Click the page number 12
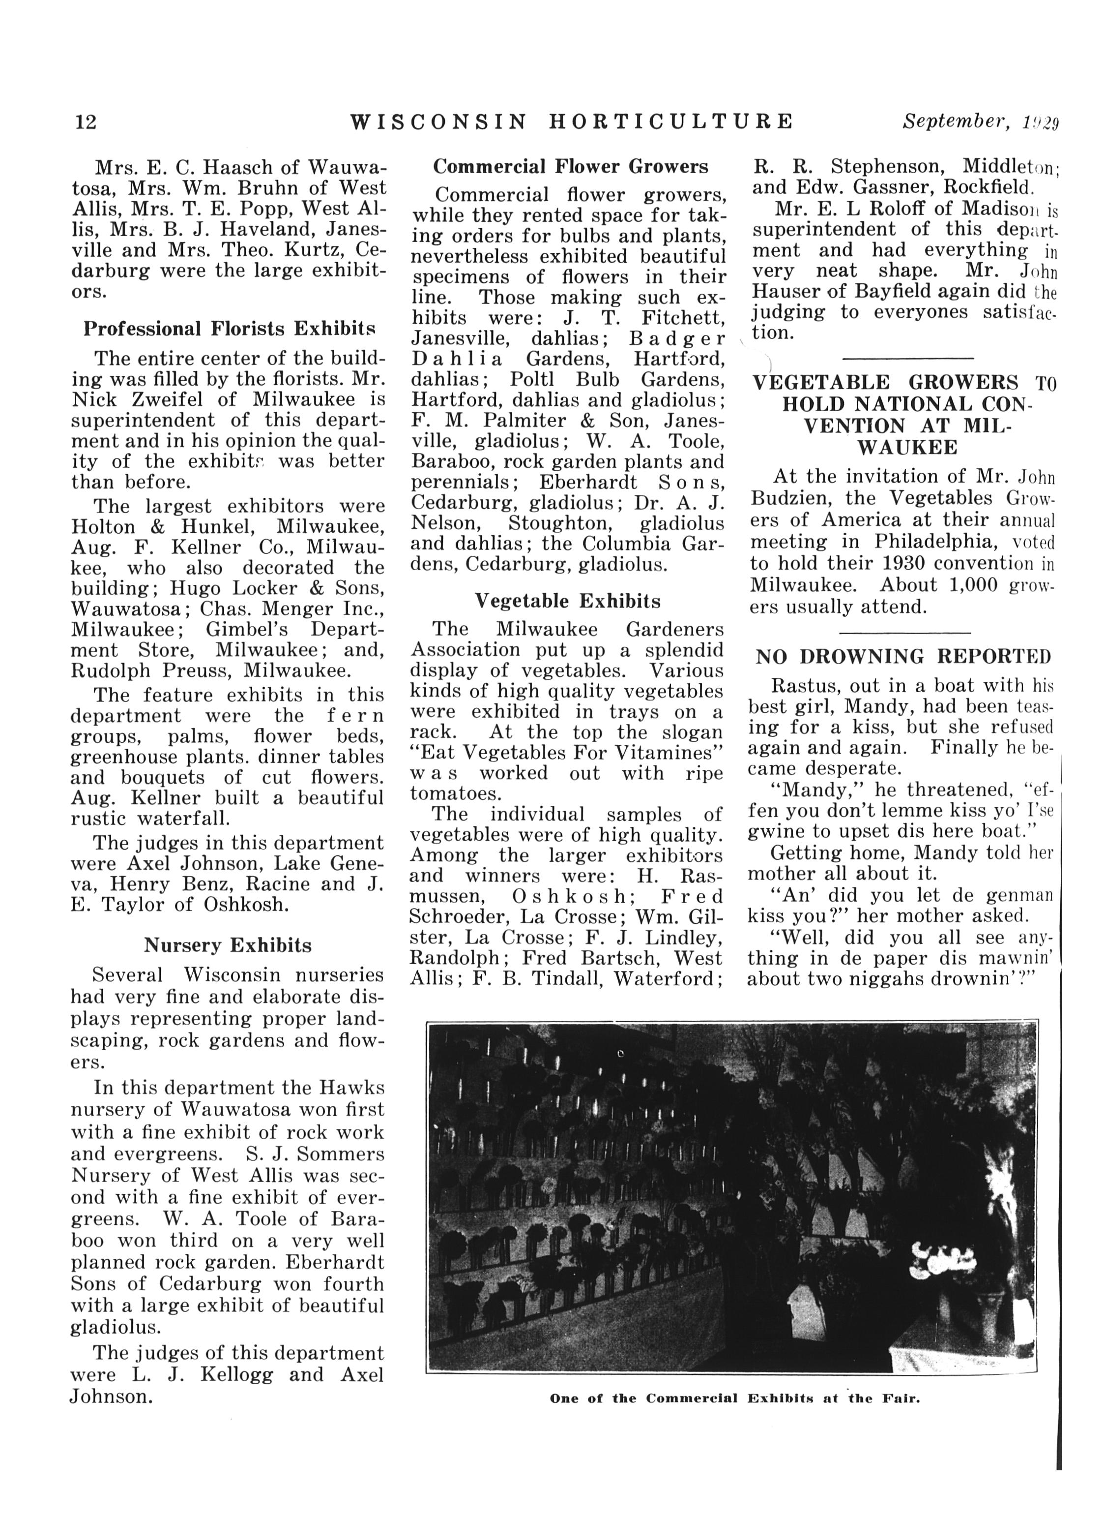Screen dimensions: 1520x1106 tap(86, 122)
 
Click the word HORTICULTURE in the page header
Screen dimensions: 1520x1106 tap(670, 122)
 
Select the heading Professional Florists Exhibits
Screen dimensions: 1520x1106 tap(229, 329)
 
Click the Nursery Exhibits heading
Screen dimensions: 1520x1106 tap(228, 945)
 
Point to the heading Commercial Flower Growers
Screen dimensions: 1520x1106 tap(570, 166)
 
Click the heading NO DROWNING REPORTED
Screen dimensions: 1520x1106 tap(903, 656)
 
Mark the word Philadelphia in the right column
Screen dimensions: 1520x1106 tap(935, 542)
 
